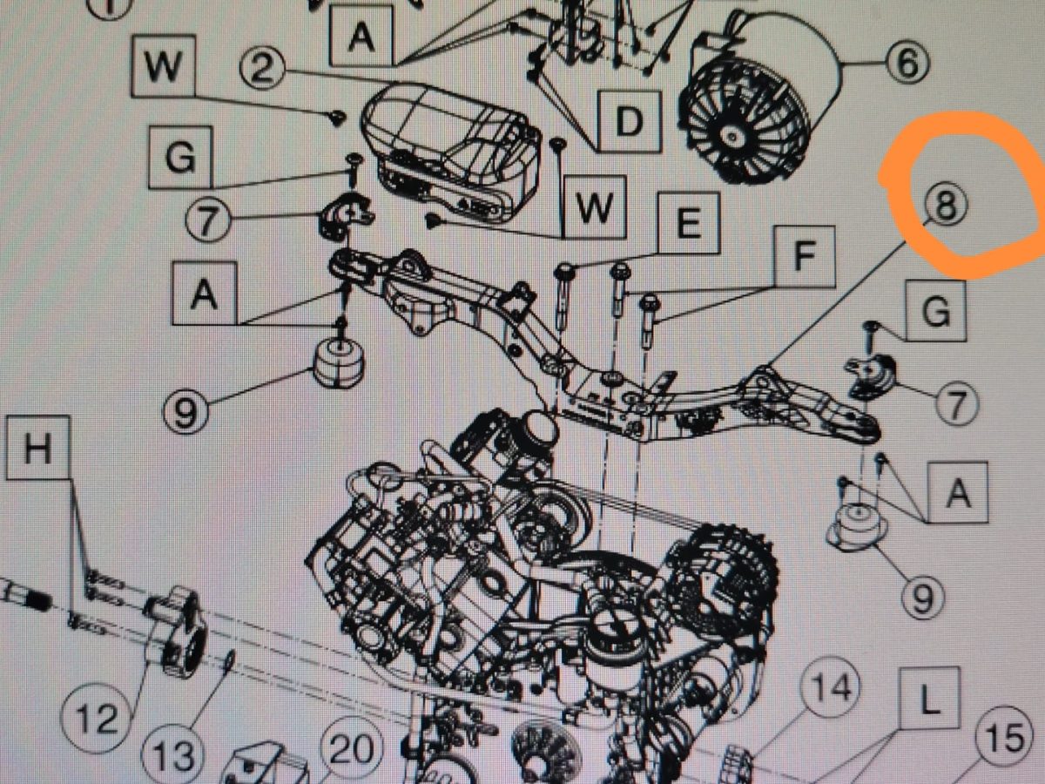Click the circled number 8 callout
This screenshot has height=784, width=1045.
946,206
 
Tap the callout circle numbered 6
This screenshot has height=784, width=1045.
907,63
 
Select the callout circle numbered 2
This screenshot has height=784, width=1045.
262,70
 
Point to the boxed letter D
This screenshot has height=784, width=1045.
629,122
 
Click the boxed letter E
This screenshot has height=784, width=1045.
688,224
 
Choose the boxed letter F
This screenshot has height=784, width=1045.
805,257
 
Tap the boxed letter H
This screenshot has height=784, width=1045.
38,448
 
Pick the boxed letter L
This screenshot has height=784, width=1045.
929,699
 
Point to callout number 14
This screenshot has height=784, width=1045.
830,687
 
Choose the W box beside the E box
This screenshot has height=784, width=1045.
594,207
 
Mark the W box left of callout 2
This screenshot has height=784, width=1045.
163,65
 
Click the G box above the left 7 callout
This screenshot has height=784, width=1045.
180,157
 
